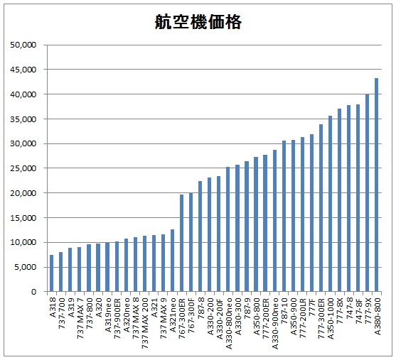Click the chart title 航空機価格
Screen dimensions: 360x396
(198, 23)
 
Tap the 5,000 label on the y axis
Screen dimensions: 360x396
(26, 267)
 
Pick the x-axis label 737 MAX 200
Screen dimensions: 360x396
(144, 320)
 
